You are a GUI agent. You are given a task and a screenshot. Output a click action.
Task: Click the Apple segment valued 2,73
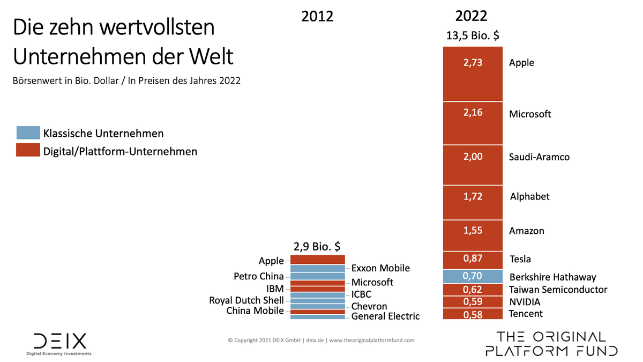point(473,74)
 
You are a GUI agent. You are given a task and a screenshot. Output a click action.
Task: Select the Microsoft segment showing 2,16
point(473,123)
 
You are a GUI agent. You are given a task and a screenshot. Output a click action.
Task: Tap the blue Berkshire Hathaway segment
point(473,276)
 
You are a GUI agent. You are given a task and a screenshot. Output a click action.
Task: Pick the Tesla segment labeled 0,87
point(473,259)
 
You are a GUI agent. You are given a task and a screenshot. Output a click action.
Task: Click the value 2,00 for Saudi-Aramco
point(473,157)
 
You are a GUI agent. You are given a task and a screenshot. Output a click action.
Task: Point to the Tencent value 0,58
point(473,314)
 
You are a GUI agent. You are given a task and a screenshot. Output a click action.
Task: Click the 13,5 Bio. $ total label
point(473,35)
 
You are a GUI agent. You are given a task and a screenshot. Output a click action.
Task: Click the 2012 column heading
point(317,17)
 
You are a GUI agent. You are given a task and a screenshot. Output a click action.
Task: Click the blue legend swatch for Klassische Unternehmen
point(28,133)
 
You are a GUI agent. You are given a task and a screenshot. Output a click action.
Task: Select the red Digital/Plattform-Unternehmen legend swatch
point(28,151)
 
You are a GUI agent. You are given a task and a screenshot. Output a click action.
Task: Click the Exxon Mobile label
point(380,268)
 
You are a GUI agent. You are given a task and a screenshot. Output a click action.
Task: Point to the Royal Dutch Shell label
point(246,300)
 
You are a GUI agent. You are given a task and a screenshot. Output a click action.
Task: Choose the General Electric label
point(385,316)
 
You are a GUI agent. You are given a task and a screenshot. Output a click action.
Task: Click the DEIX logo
point(59,343)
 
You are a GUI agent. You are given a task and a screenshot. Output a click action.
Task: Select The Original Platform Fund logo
point(551,344)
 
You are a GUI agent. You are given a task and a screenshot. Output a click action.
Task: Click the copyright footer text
point(321,340)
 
